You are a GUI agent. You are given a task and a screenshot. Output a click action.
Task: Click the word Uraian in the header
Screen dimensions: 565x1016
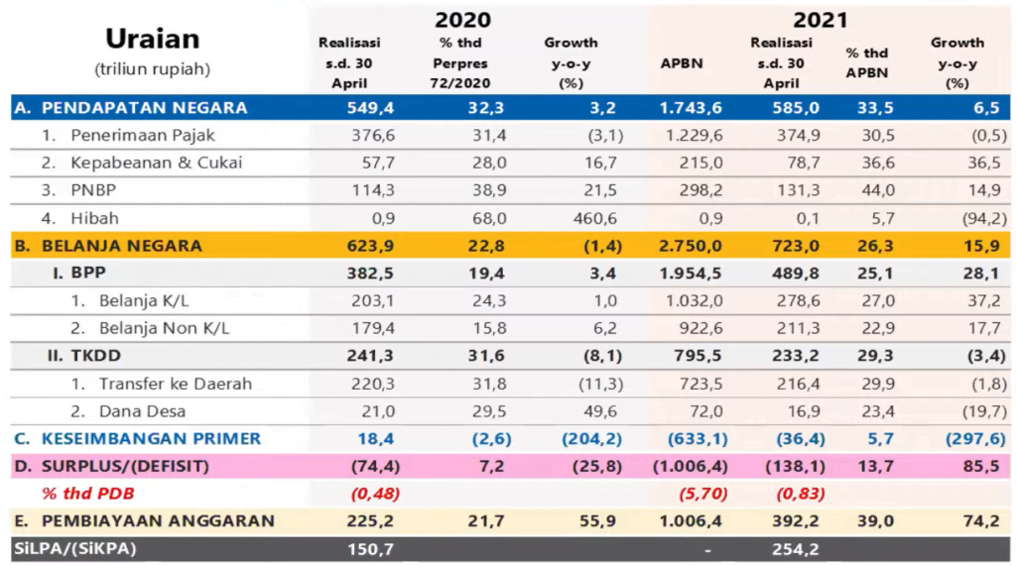pos(152,39)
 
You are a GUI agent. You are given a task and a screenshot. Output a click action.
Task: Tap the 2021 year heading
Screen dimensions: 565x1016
pos(821,19)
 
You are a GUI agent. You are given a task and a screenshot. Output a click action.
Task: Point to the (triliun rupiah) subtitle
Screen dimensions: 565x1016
pos(152,70)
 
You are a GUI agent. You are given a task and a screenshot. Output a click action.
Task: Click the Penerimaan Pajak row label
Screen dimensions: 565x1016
pos(143,135)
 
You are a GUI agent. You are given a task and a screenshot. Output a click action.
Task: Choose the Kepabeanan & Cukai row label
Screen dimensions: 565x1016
pos(157,162)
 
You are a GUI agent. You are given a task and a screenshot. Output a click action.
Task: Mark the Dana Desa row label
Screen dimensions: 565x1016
pos(143,410)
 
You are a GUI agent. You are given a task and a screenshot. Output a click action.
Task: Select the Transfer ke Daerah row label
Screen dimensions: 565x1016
pos(176,384)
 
